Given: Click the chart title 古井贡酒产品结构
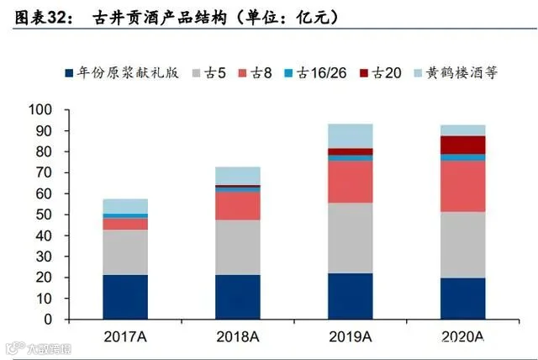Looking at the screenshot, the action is click(160, 17).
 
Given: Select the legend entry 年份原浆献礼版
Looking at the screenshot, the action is click(122, 72).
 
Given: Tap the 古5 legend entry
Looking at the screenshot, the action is click(209, 72).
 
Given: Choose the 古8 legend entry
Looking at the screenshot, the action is click(255, 72).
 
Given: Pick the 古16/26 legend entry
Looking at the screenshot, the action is click(315, 72).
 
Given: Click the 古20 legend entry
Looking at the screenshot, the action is click(381, 72).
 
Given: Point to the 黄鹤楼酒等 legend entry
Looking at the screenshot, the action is click(456, 72).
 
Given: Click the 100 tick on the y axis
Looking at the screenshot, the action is click(40, 110).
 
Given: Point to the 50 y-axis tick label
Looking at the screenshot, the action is click(44, 214).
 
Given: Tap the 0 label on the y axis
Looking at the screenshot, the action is click(48, 320).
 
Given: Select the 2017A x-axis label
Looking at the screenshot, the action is click(125, 336).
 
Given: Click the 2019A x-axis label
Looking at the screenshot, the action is click(351, 336).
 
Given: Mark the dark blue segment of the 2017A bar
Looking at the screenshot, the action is click(125, 297).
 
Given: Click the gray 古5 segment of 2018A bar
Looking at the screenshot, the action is click(238, 247).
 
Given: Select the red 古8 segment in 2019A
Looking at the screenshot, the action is click(351, 182).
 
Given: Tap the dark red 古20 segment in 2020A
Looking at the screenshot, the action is click(463, 145).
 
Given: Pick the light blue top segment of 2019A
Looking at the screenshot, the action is click(351, 136).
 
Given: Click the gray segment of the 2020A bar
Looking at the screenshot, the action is click(463, 245).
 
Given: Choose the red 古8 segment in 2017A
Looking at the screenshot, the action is click(125, 225).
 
